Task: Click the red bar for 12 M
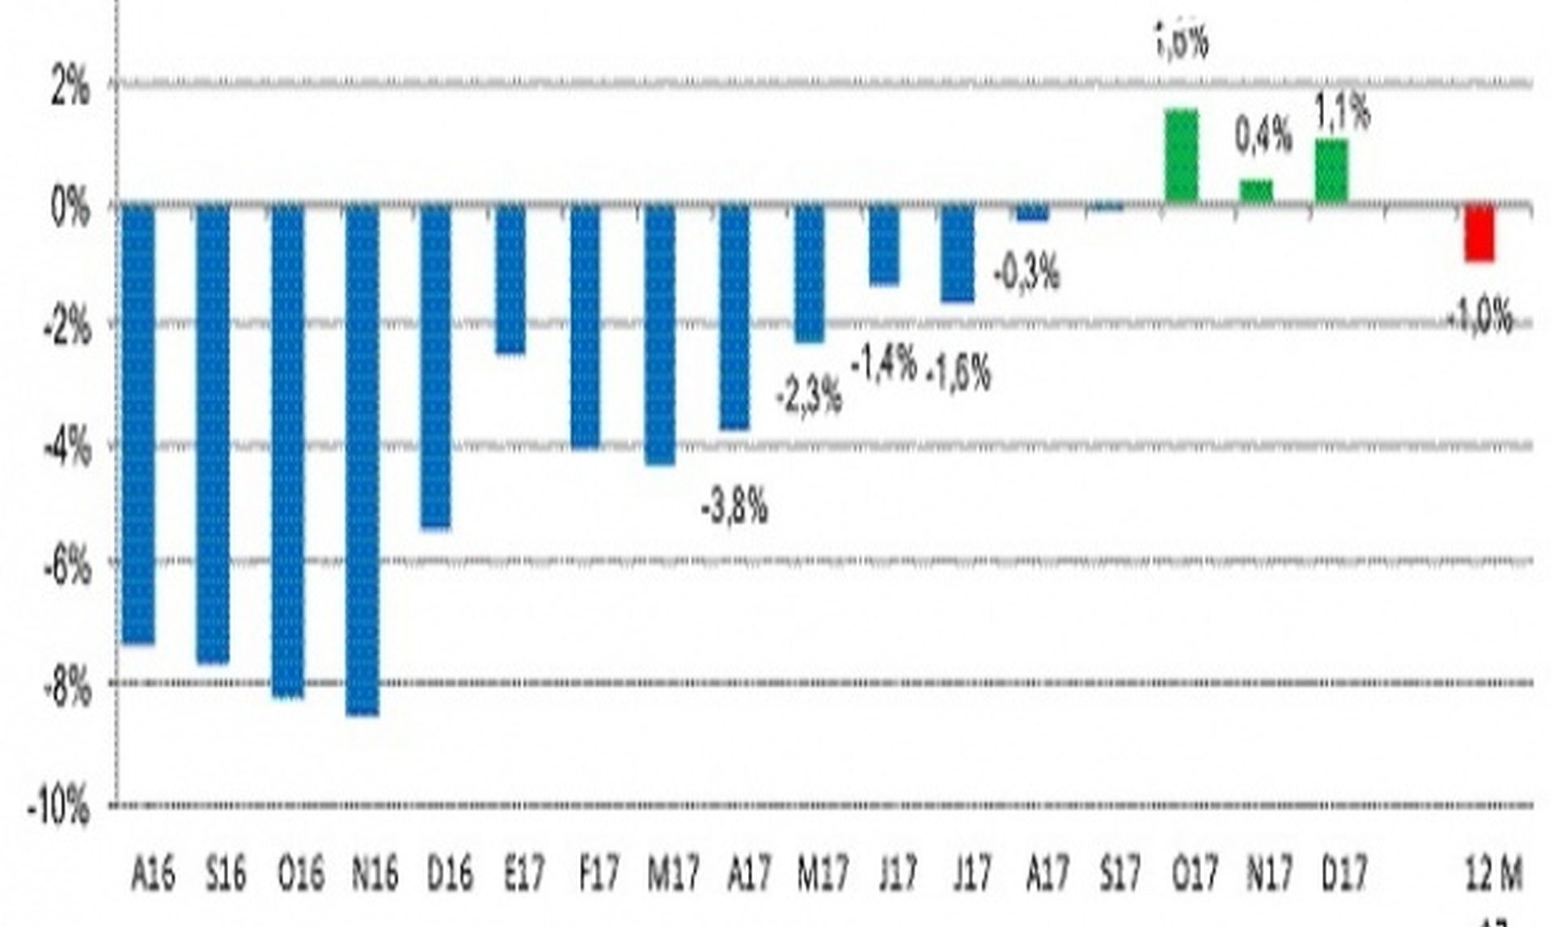click(1479, 233)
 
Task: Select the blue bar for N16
click(362, 459)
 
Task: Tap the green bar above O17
click(1181, 155)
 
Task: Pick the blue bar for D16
click(436, 366)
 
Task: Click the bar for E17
click(510, 279)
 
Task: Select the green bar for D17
click(1331, 171)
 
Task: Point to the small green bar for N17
click(1256, 191)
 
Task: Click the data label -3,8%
click(734, 510)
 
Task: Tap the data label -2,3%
click(808, 396)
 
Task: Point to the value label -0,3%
click(1026, 275)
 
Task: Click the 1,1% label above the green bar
click(1343, 112)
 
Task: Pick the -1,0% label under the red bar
click(1479, 315)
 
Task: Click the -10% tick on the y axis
click(58, 806)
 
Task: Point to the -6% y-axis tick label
click(66, 566)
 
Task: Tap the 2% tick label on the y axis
click(70, 87)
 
